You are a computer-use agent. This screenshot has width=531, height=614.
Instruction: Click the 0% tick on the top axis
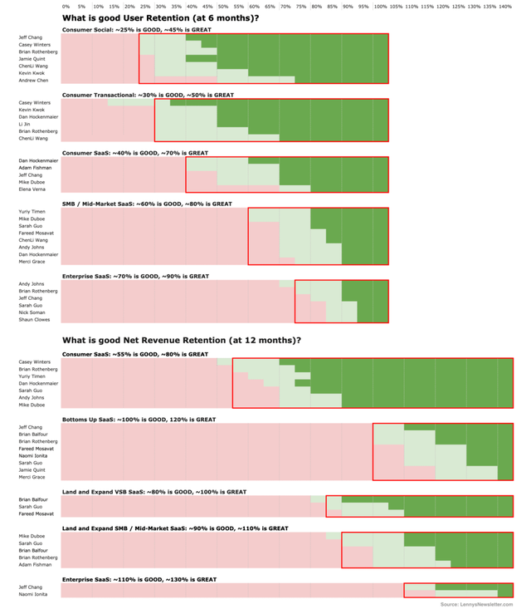(x=66, y=7)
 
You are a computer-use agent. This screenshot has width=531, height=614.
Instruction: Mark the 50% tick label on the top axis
(x=222, y=7)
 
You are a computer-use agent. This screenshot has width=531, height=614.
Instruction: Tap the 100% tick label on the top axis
(x=380, y=7)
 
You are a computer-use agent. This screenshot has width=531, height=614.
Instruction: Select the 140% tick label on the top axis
(x=505, y=7)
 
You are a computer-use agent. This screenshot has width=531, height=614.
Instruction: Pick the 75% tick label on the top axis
(x=301, y=7)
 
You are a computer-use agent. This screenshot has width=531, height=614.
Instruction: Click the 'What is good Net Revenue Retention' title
(x=182, y=340)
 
